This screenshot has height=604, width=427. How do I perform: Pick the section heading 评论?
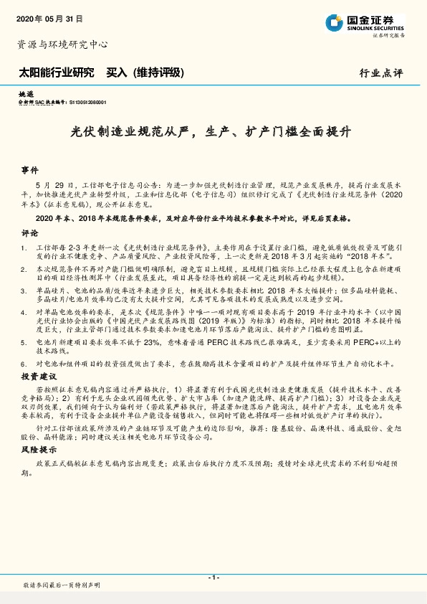(29, 233)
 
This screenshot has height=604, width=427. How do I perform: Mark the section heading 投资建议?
(39, 376)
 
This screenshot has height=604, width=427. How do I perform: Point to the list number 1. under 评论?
(24, 246)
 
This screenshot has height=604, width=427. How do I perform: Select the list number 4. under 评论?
(24, 313)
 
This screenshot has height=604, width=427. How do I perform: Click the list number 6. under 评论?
(24, 364)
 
